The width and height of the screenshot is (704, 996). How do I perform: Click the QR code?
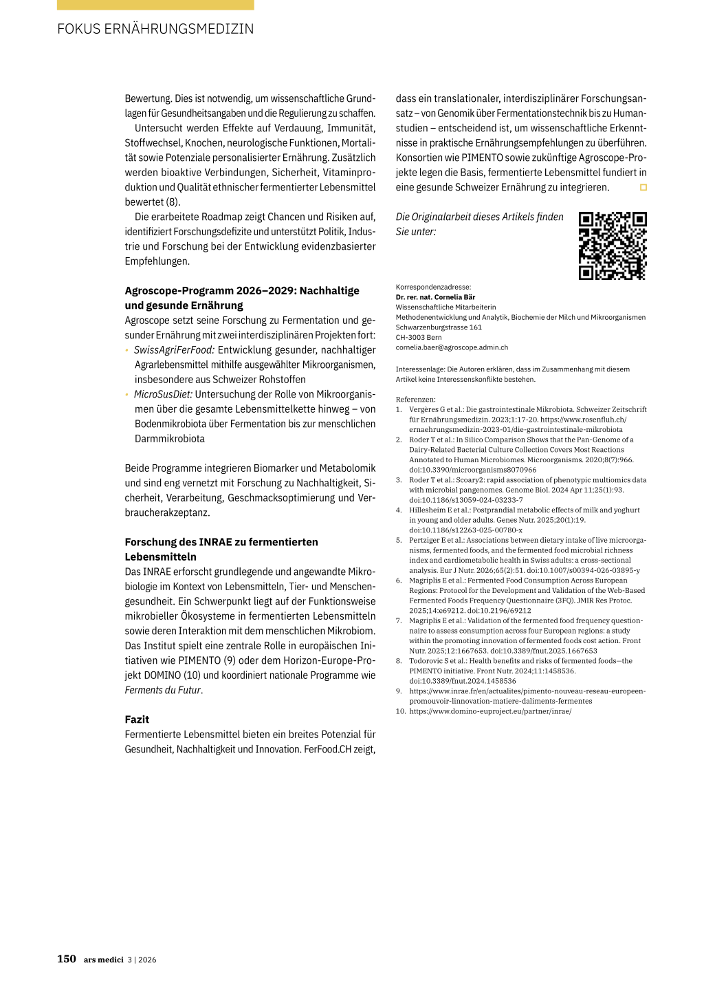[613, 246]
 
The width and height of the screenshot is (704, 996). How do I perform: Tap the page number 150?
[67, 959]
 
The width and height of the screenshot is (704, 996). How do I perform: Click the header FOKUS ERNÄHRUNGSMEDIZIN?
[155, 29]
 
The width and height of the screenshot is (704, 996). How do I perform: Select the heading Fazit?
[137, 719]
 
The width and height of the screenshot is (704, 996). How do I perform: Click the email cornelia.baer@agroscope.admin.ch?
[452, 347]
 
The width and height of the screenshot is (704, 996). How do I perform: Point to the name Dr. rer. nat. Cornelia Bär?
[435, 297]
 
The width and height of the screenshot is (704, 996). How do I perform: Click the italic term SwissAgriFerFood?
[174, 350]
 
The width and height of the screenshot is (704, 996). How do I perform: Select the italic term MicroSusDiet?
[163, 394]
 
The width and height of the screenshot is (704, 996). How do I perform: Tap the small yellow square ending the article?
[643, 187]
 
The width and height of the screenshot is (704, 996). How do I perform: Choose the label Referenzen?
[415, 399]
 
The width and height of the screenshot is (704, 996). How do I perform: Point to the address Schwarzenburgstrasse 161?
[439, 327]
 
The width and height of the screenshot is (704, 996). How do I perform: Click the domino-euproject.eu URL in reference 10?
[490, 711]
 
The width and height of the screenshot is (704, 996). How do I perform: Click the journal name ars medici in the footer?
[103, 960]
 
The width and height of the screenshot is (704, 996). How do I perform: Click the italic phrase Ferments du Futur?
[163, 690]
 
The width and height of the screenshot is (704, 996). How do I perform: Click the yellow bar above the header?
[155, 5]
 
